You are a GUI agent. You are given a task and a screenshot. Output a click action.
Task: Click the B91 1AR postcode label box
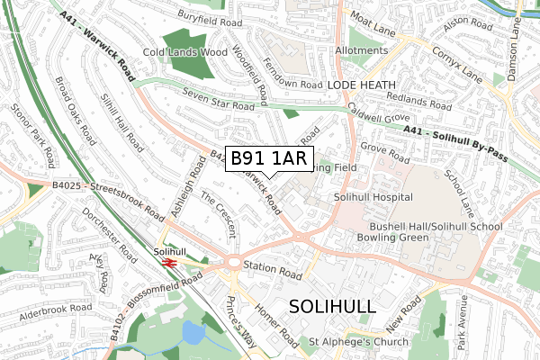click(269, 159)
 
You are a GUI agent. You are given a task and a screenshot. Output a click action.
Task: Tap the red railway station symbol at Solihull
click(167, 262)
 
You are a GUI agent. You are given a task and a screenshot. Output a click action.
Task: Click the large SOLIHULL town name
click(333, 306)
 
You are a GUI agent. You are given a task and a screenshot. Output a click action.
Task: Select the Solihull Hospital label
click(373, 197)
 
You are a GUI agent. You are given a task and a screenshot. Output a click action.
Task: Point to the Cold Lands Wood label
click(184, 52)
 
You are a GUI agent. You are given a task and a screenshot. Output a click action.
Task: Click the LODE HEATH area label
click(360, 84)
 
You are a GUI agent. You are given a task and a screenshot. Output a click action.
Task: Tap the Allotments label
click(361, 51)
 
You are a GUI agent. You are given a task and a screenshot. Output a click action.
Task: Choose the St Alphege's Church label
click(358, 342)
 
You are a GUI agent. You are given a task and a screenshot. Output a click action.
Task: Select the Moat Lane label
click(374, 17)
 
